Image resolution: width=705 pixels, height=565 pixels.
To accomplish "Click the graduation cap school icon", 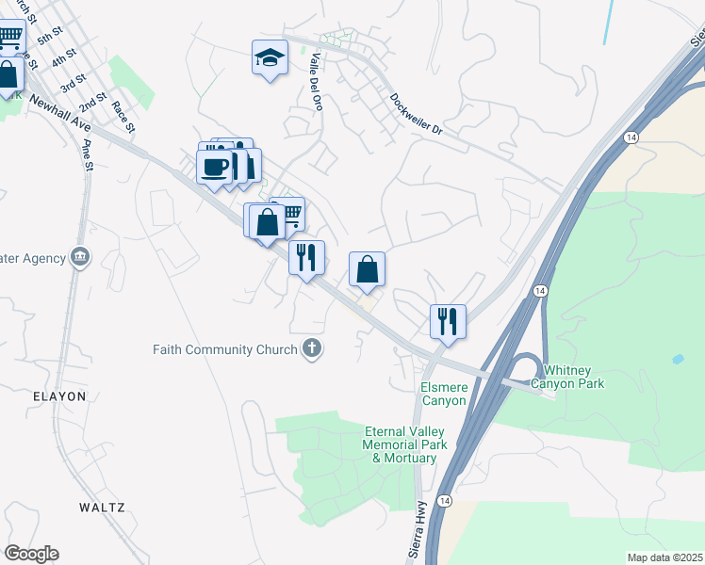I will tap(270, 58).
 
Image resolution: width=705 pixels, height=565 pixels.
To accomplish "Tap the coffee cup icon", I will tap(215, 167).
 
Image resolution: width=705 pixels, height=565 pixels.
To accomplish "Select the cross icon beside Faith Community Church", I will tap(312, 349).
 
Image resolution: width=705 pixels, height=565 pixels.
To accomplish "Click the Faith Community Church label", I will tap(224, 349).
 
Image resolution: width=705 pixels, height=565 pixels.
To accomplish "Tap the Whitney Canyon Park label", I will tap(566, 376).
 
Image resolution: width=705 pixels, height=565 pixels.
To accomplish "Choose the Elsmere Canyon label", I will tap(443, 394).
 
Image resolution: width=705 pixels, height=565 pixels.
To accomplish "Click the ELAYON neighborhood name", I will tap(57, 396).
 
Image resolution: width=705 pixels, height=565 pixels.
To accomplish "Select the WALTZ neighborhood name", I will tap(102, 507).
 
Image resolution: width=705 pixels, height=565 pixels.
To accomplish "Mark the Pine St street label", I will tap(89, 154).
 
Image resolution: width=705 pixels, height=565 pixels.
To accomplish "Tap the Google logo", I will tap(31, 554).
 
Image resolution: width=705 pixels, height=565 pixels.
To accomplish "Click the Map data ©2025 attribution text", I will tap(664, 557).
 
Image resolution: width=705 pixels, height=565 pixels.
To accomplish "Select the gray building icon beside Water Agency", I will tap(79, 257).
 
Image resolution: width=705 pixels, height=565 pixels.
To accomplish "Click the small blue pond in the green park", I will tap(678, 360).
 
